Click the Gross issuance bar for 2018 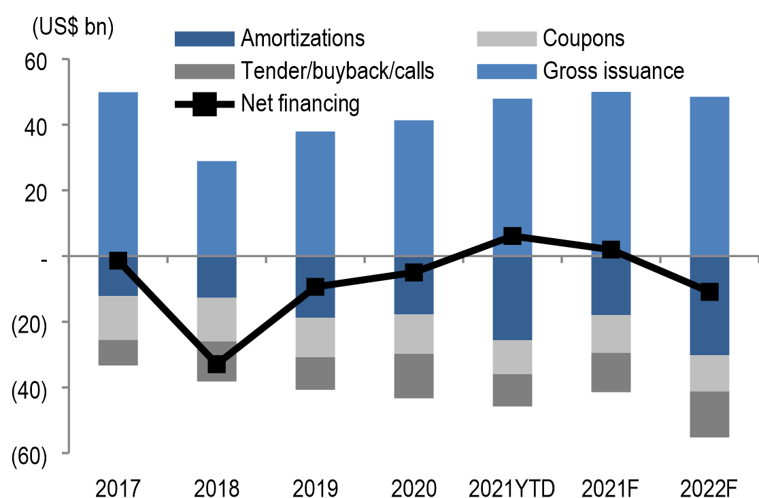217,208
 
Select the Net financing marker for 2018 217,364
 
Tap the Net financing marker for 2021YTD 512,236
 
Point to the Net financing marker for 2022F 709,292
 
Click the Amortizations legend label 302,38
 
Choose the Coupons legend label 583,38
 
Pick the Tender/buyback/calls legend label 337,70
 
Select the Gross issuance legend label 613,70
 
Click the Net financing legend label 300,103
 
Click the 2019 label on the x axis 316,488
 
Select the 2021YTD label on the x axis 512,488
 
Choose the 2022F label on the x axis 709,488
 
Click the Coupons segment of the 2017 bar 118,318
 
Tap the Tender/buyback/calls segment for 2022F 709,414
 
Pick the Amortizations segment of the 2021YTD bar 512,298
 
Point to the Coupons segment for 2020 414,334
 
